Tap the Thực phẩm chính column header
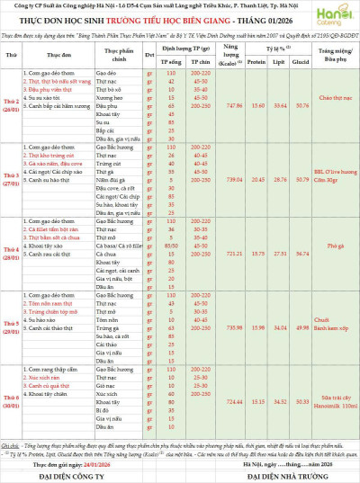point(118,56)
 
